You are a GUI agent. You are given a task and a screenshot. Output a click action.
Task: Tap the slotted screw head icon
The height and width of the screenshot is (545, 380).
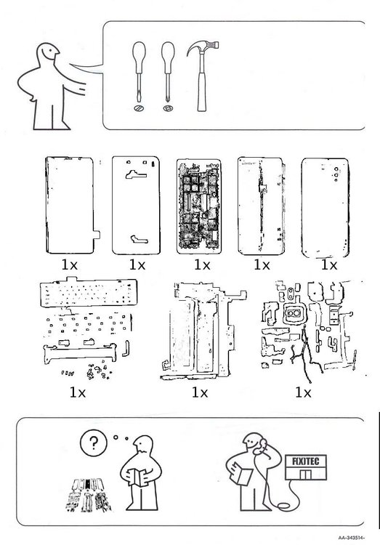click(139, 108)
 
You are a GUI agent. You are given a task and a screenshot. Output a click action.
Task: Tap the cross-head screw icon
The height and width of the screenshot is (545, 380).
click(168, 108)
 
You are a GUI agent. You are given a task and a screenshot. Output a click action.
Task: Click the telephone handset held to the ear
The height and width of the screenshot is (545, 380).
click(262, 447)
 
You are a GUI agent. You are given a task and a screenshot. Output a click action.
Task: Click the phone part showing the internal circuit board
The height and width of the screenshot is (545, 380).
click(198, 206)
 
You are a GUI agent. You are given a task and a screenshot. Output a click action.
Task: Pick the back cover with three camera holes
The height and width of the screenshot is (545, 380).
click(325, 208)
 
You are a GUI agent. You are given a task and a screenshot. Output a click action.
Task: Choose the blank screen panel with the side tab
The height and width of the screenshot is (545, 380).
click(72, 205)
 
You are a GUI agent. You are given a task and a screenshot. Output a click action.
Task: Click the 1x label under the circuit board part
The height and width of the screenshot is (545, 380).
click(202, 265)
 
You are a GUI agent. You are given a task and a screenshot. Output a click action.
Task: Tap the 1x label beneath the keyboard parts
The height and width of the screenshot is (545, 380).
click(78, 392)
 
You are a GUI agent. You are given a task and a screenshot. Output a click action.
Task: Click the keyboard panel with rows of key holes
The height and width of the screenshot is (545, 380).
click(89, 292)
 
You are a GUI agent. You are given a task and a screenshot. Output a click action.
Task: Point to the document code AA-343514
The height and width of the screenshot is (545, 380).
click(351, 538)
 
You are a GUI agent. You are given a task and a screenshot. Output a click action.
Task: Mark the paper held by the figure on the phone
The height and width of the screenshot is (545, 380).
click(243, 476)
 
